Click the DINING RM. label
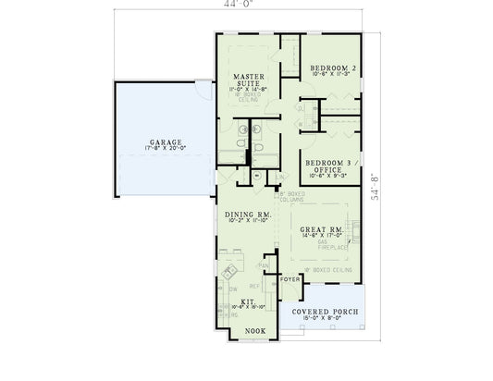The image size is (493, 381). click(247, 215)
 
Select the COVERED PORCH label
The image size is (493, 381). click(324, 312)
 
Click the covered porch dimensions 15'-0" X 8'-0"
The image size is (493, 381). click(324, 320)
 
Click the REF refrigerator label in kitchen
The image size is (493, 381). click(253, 286)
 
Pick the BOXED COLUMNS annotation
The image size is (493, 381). click(290, 197)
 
